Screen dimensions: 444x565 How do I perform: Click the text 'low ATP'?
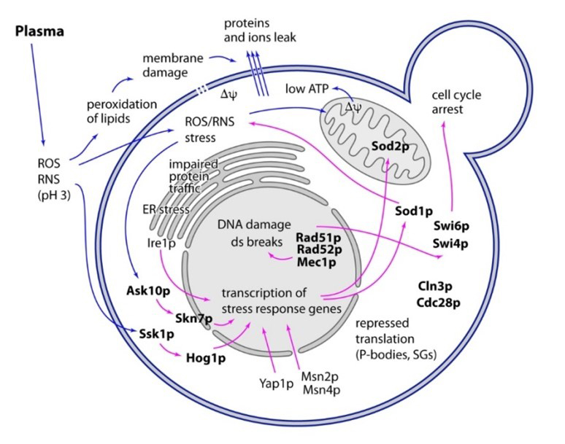point(310,89)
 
